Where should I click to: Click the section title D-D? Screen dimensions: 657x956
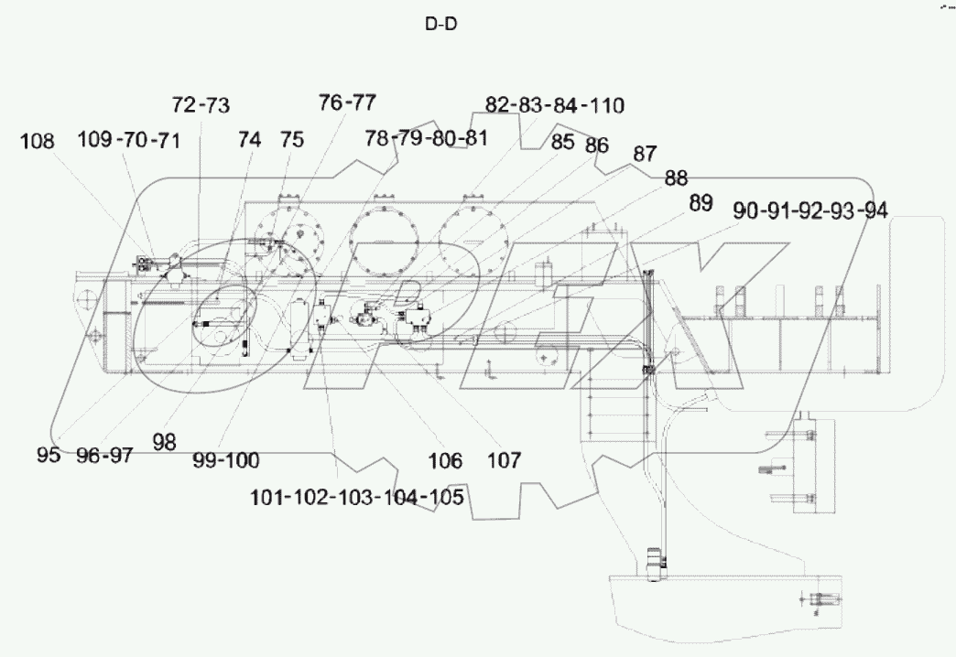(x=441, y=25)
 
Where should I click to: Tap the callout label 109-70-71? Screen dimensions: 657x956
(x=128, y=140)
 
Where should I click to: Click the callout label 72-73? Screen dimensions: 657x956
(x=201, y=105)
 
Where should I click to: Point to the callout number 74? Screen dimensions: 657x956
(x=249, y=140)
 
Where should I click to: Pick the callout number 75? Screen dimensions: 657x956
(x=291, y=140)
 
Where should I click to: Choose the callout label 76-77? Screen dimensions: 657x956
(x=347, y=102)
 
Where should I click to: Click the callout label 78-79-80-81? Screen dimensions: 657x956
(x=426, y=138)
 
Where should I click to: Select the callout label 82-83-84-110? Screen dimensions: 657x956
(x=554, y=106)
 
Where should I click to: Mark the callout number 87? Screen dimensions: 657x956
(x=645, y=155)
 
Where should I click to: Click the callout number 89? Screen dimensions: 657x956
(x=701, y=204)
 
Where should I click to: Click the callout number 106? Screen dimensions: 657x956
(x=444, y=459)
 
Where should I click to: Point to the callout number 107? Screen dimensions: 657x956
(x=503, y=459)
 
